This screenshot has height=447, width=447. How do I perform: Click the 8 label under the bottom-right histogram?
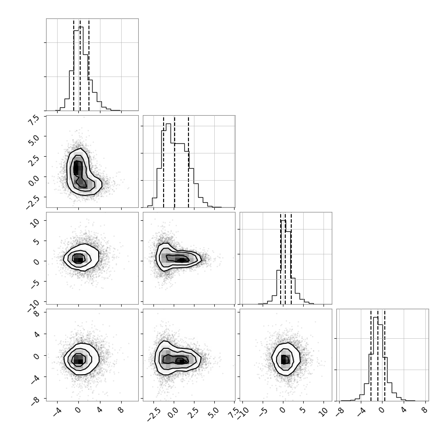[424, 410]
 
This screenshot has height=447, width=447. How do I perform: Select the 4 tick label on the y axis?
[37, 334]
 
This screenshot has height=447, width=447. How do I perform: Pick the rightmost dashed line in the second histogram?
[188, 162]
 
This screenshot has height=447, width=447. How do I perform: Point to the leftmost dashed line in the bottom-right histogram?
[371, 355]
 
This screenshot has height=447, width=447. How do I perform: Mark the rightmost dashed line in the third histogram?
[291, 259]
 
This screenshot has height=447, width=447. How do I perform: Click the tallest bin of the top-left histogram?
[81, 68]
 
